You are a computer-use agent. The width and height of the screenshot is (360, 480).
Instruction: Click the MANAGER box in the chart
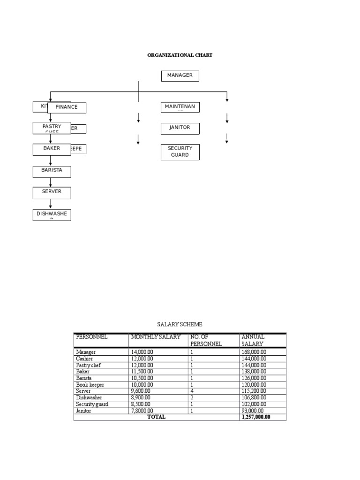tap(180, 75)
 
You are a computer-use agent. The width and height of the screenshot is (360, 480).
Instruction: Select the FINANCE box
tap(67, 107)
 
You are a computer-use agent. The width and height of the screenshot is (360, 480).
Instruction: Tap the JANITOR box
tap(180, 128)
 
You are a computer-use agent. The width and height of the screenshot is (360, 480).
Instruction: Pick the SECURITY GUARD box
tap(180, 152)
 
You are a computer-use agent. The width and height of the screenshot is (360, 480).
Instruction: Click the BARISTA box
tap(52, 171)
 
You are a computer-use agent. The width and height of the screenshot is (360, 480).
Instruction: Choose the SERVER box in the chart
tap(52, 192)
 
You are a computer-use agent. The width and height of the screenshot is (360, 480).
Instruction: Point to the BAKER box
tap(52, 149)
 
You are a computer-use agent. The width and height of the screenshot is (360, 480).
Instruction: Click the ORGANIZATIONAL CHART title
tap(180, 55)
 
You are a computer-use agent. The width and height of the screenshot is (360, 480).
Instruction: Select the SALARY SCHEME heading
tap(180, 324)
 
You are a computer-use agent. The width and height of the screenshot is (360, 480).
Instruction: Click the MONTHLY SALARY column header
tap(156, 337)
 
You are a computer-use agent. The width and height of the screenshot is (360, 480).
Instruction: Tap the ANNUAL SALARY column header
tap(253, 340)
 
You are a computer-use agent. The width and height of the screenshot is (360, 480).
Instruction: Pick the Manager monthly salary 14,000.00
tap(142, 352)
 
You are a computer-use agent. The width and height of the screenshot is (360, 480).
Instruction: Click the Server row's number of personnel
tap(192, 391)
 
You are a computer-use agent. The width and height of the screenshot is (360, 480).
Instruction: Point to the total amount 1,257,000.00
tap(256, 417)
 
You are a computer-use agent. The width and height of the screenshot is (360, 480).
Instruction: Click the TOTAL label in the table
tap(156, 417)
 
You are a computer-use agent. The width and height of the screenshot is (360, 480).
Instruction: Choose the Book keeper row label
tap(90, 385)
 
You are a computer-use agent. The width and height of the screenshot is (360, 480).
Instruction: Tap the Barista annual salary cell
tap(254, 378)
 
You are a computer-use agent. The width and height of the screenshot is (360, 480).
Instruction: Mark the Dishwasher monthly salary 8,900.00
tap(141, 397)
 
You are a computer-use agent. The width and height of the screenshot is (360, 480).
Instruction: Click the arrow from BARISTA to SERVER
tap(51, 182)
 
